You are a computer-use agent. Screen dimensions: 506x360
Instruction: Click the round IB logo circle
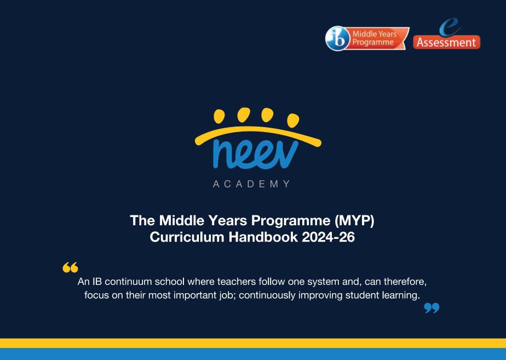pyautogui.click(x=337, y=38)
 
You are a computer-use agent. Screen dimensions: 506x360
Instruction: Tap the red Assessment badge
pyautogui.click(x=447, y=42)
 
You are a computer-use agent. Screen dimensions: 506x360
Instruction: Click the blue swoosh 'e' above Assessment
pyautogui.click(x=450, y=27)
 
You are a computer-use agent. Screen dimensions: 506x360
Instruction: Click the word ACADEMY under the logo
pyautogui.click(x=252, y=184)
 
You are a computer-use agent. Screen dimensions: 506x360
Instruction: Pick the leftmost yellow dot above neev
pyautogui.click(x=219, y=116)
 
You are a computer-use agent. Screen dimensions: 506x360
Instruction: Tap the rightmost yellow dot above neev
pyautogui.click(x=293, y=121)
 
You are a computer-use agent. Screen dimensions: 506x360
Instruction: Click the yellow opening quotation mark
pyautogui.click(x=70, y=267)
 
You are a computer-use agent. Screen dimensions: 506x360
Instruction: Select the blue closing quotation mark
pyautogui.click(x=432, y=308)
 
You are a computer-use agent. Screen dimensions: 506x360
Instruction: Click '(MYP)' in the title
pyautogui.click(x=354, y=220)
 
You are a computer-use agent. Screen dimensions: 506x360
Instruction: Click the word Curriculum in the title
pyautogui.click(x=187, y=237)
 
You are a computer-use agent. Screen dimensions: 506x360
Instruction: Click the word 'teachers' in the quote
pyautogui.click(x=237, y=282)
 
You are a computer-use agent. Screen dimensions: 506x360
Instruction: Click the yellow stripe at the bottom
pyautogui.click(x=253, y=343)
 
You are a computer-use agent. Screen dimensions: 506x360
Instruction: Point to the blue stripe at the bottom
pyautogui.click(x=253, y=354)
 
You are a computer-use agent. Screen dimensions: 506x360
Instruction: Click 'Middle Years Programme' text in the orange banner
pyautogui.click(x=375, y=38)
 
